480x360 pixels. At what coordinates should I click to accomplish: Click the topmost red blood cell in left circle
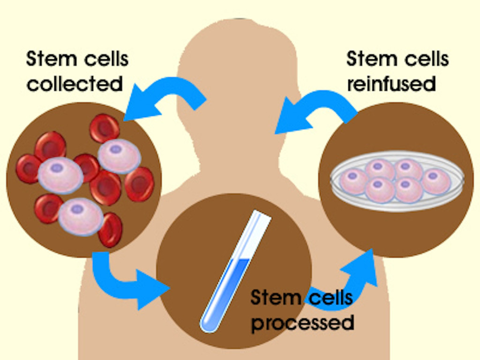pos(104,128)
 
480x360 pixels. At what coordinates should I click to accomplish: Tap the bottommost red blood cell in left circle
pos(110,230)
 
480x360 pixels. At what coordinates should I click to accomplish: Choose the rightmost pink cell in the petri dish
pos(436,181)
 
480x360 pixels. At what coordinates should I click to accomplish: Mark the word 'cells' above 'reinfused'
pos(424,60)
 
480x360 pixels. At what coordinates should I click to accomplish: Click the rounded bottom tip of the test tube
pos(207,326)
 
